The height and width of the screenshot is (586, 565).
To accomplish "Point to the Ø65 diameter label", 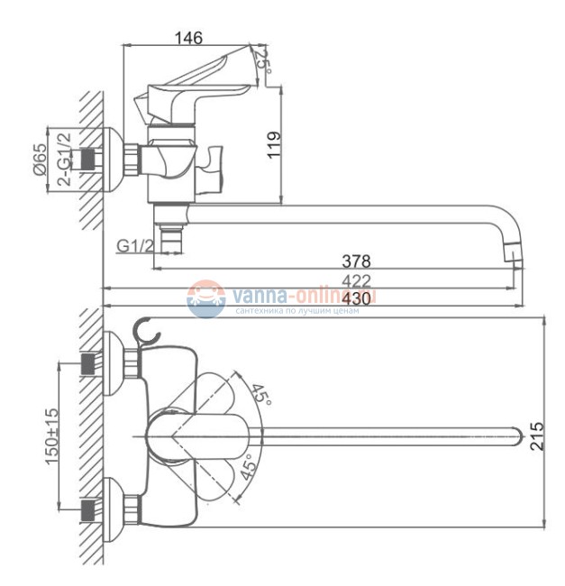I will click(40, 161).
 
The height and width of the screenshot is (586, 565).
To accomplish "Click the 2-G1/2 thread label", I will click(64, 160).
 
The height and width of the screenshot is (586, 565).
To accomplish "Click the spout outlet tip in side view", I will click(513, 255).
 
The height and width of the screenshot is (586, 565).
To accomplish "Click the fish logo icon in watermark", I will click(205, 299).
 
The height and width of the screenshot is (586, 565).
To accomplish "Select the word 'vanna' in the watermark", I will click(256, 295).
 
